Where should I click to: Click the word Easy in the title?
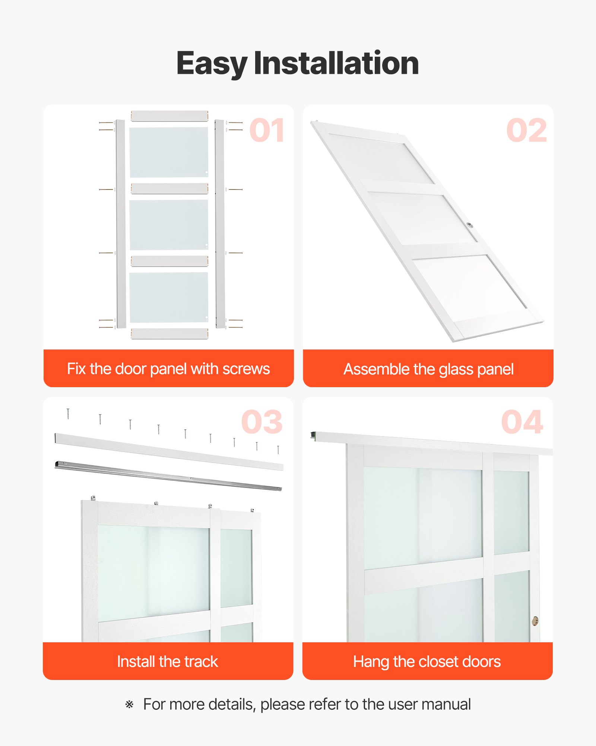click(x=211, y=63)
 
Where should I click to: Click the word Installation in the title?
click(x=336, y=63)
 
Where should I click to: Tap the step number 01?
click(x=267, y=131)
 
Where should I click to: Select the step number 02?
click(x=526, y=131)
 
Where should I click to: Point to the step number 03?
click(x=262, y=422)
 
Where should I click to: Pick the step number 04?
click(x=522, y=422)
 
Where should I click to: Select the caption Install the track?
click(x=168, y=662)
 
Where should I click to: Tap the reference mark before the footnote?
click(x=129, y=705)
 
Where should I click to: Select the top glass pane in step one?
click(x=169, y=152)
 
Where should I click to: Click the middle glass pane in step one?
click(x=169, y=225)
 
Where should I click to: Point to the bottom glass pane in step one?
click(x=169, y=297)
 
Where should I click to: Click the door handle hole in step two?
click(x=469, y=225)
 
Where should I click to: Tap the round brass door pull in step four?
click(x=535, y=621)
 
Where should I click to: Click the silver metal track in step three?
click(x=168, y=476)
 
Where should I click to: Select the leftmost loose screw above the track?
click(x=68, y=414)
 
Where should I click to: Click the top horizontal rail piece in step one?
click(x=169, y=116)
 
